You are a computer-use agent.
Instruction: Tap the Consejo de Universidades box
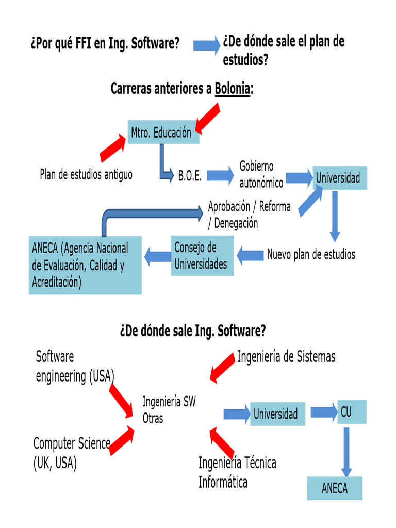point(202,256)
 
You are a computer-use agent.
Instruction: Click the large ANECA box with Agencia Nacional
point(85,266)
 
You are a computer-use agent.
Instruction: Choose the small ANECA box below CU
point(335,488)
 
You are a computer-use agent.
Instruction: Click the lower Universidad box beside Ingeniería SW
point(277,414)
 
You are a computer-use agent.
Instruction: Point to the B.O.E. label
point(190,176)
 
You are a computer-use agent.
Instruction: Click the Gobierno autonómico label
point(261,174)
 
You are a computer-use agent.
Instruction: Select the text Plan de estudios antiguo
point(86,175)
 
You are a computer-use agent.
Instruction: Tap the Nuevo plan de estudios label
point(311,255)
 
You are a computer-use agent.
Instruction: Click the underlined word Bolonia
point(233,89)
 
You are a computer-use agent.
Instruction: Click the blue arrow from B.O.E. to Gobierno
point(220,176)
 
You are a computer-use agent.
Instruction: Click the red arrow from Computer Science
point(122,441)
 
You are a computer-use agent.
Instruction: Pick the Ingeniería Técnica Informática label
point(237,472)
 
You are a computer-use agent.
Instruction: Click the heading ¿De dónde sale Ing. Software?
point(192,331)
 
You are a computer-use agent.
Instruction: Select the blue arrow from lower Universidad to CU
point(323,412)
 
